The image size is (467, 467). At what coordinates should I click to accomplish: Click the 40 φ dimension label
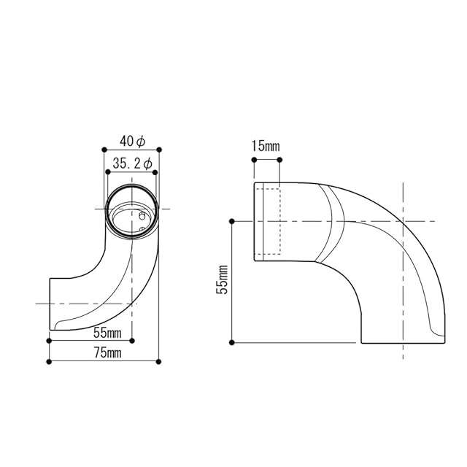click(132, 141)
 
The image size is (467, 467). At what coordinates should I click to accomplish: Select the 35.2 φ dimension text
click(132, 163)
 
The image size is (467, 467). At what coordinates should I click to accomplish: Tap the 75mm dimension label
click(107, 353)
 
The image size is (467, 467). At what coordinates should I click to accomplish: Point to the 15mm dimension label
click(266, 146)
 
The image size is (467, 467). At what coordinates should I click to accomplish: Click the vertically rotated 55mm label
click(222, 279)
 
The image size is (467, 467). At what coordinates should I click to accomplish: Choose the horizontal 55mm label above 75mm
click(107, 333)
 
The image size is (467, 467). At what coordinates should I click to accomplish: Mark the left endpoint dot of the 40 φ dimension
click(104, 150)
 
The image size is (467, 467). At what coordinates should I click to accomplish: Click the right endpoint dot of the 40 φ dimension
click(159, 150)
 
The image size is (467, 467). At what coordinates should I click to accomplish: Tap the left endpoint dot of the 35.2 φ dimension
click(108, 172)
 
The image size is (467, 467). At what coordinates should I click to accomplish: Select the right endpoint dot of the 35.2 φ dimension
click(155, 172)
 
